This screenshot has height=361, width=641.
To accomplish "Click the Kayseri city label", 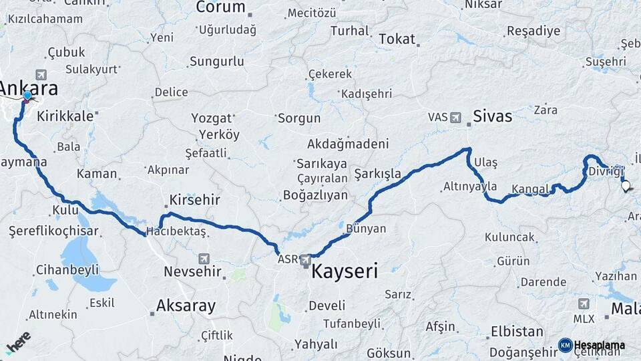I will (x=344, y=272).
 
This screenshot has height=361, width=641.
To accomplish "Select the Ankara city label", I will (x=29, y=88).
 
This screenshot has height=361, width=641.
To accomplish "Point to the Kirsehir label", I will (x=195, y=201).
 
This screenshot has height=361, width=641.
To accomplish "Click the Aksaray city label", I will (x=186, y=306).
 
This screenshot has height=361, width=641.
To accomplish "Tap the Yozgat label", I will (x=212, y=118).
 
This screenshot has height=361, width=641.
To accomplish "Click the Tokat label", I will (x=397, y=39).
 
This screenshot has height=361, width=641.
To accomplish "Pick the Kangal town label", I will (x=530, y=189).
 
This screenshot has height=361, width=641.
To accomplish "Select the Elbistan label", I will (x=517, y=332).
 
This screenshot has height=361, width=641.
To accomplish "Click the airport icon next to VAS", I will (x=455, y=118).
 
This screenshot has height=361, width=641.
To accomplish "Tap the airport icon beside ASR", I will (x=305, y=259).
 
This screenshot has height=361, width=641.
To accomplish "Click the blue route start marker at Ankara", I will (x=27, y=96).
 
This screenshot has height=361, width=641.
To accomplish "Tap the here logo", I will (x=18, y=342).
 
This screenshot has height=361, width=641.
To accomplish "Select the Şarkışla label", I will (x=377, y=174).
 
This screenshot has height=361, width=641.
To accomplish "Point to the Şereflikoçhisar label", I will (x=53, y=231).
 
